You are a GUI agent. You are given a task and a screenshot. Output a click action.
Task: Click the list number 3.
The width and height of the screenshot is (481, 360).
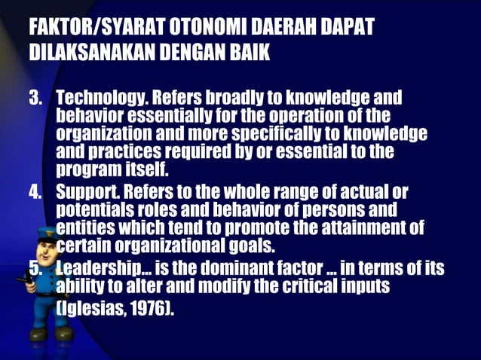pyautogui.click(x=35, y=99)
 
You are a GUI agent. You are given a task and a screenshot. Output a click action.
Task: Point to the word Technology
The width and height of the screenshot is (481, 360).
pyautogui.click(x=101, y=99)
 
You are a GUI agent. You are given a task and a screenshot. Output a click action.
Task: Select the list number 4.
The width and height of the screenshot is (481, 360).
pyautogui.click(x=35, y=191)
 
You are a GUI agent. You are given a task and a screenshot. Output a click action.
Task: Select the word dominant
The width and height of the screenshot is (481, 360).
pyautogui.click(x=239, y=267)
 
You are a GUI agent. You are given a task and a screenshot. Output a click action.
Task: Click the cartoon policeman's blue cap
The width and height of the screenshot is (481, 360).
pyautogui.click(x=46, y=234)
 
